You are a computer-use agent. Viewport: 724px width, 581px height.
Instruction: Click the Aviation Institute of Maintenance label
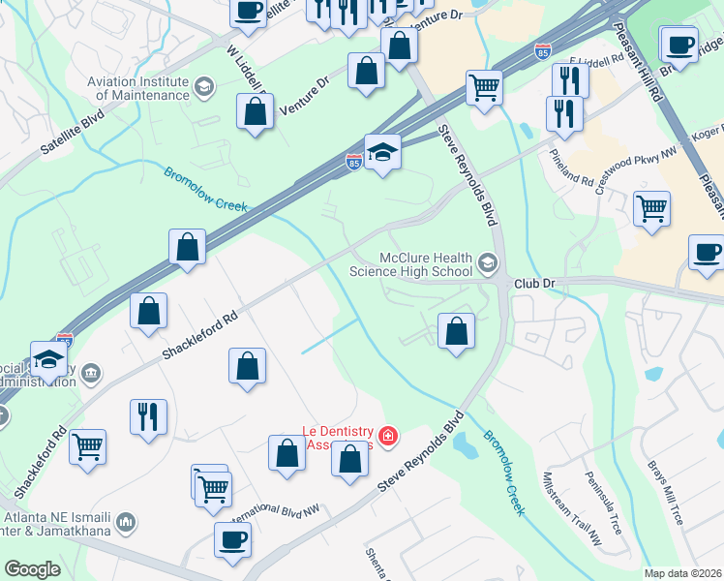137,88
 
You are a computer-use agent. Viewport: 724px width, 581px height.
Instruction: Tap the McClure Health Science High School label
425,265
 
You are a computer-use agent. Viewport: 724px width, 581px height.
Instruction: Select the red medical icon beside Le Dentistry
388,438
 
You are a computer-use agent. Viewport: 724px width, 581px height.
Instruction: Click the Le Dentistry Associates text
339,437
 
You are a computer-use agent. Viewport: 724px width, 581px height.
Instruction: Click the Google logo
33,569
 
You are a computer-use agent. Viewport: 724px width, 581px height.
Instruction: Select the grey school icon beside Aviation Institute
203,88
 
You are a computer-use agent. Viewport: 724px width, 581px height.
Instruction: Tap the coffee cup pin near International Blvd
232,541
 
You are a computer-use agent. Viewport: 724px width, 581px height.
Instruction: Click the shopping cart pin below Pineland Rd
652,208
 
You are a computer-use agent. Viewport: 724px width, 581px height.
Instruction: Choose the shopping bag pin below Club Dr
457,331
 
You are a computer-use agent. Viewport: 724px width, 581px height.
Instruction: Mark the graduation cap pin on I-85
383,152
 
